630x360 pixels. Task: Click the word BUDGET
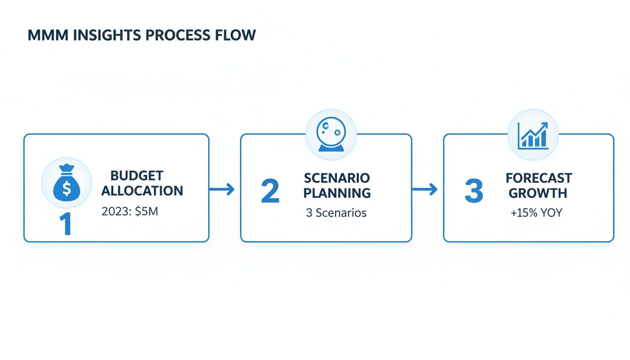tap(137, 176)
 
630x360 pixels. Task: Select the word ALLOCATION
tap(142, 191)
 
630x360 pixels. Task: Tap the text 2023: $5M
tap(130, 211)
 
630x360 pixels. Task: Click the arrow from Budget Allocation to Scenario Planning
tap(221, 189)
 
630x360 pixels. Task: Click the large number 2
tap(270, 191)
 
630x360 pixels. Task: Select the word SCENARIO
tap(337, 178)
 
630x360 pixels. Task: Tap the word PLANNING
tap(337, 193)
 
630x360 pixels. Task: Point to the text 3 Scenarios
tap(336, 213)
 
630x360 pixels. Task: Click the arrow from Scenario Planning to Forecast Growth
tap(424, 189)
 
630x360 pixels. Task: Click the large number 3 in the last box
tap(473, 191)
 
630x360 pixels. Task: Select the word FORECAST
tap(539, 178)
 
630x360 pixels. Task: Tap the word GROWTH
tap(538, 193)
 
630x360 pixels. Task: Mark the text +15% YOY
tap(536, 213)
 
